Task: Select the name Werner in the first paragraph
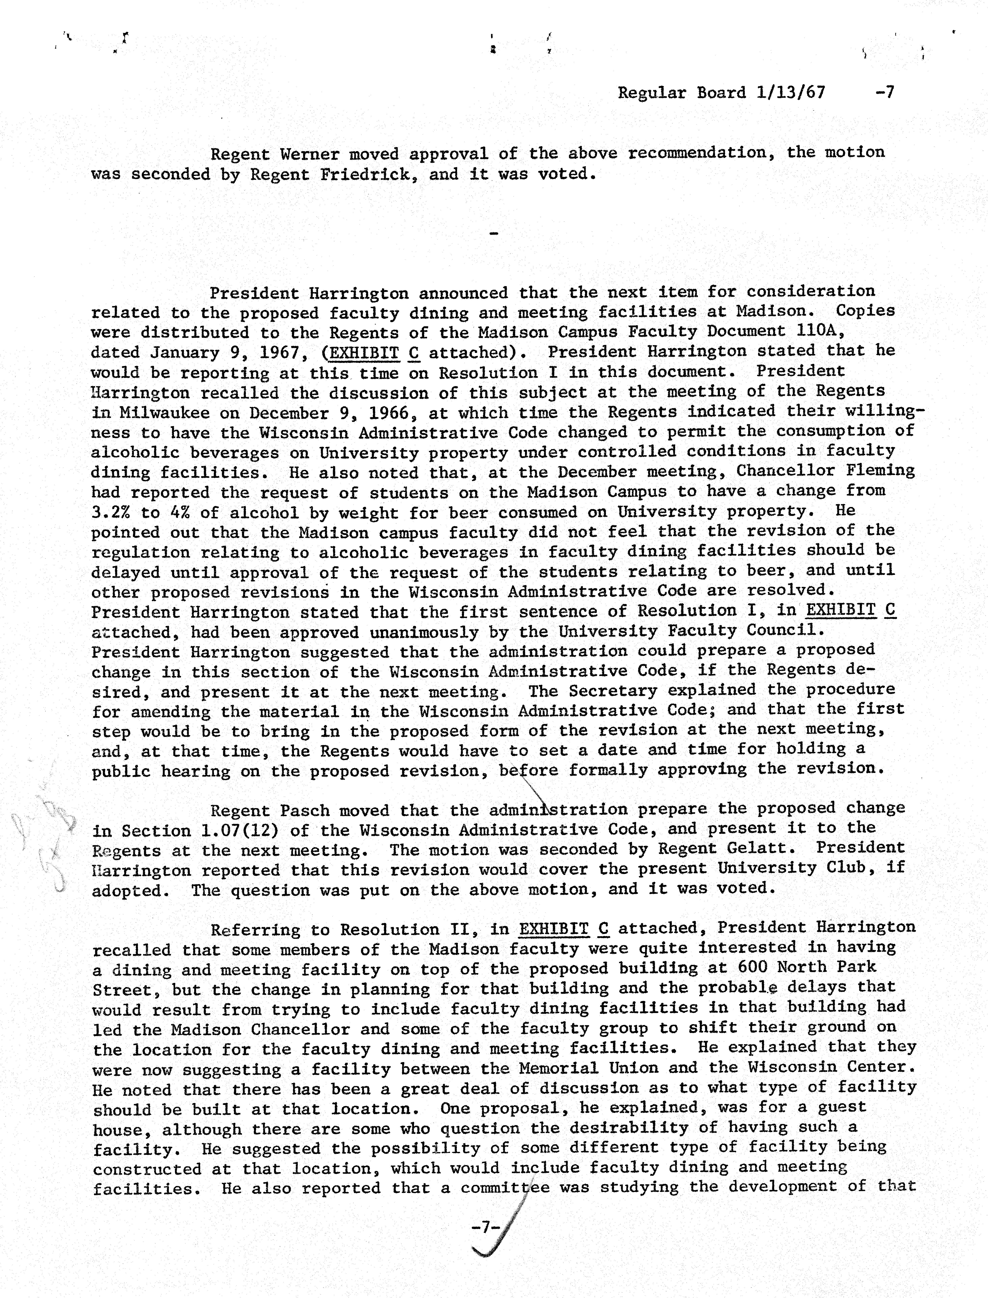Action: pyautogui.click(x=310, y=154)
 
